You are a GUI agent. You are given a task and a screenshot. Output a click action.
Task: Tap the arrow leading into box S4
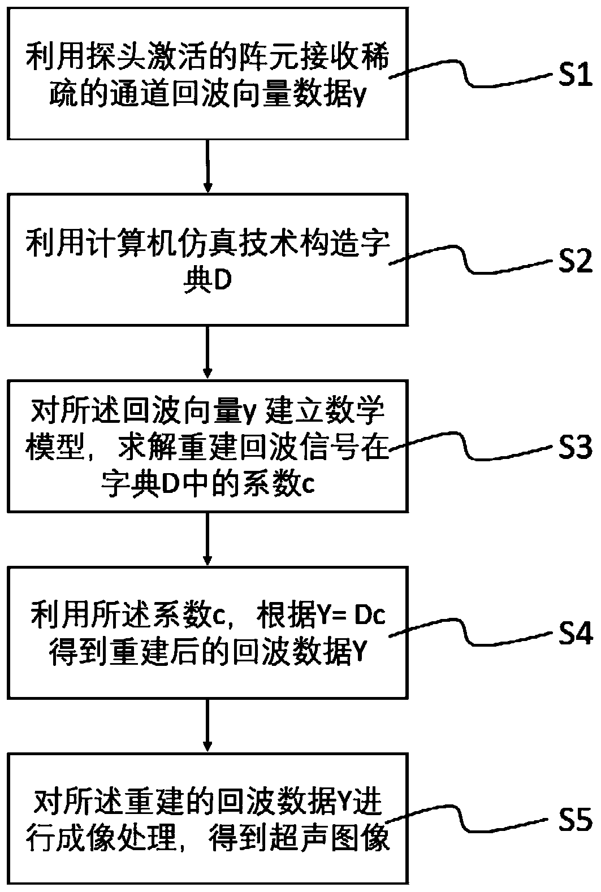click(208, 540)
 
